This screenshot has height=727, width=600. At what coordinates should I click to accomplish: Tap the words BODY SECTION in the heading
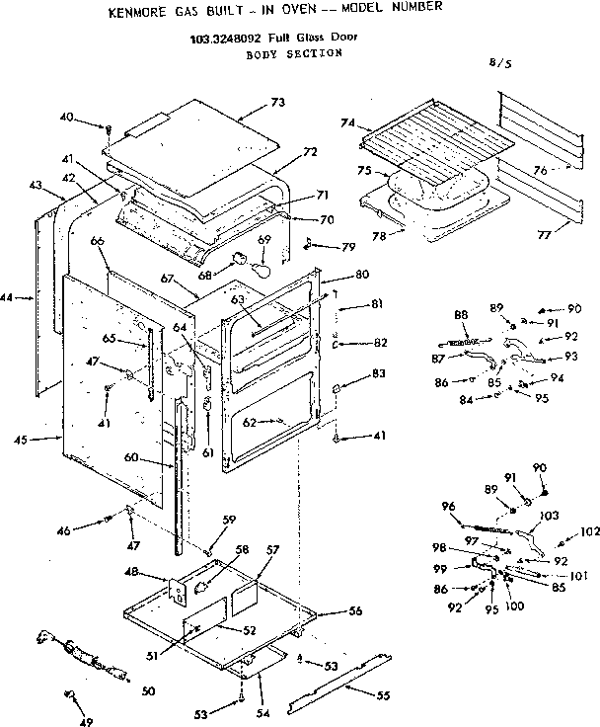coord(293,53)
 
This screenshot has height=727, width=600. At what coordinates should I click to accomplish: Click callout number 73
coord(277,103)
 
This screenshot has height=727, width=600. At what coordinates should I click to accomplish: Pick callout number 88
coord(461,315)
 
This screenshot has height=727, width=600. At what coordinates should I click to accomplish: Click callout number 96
coord(449,507)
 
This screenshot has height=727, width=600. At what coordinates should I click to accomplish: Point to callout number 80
coord(361,273)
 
